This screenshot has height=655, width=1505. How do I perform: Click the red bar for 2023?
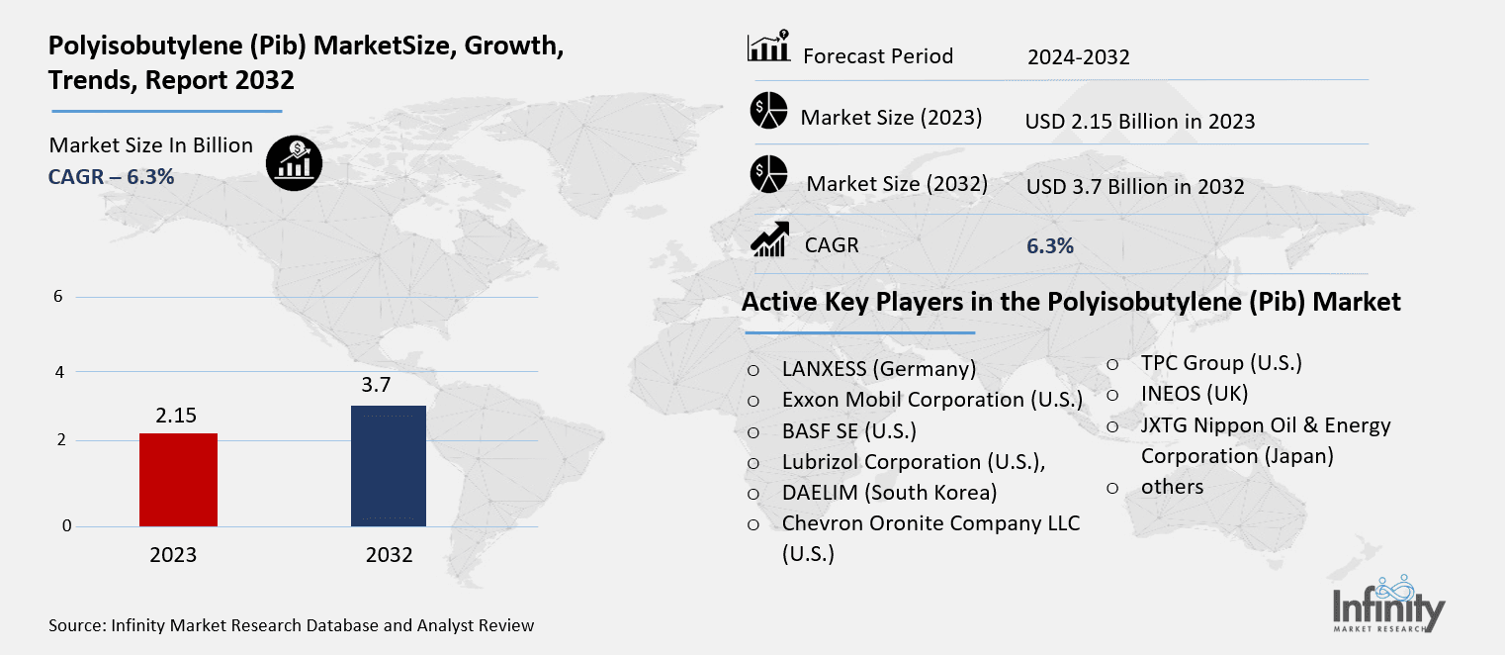[178, 480]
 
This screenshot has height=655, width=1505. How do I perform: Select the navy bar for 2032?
[389, 466]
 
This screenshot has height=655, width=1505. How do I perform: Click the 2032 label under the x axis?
[389, 555]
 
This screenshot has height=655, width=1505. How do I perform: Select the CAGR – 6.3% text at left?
[111, 177]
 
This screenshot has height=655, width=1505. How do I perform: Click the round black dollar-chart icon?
[293, 161]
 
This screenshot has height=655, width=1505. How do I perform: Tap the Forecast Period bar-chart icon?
[768, 47]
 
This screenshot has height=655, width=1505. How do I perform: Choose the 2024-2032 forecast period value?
[1078, 57]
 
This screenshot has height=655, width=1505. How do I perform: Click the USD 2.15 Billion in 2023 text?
[1140, 122]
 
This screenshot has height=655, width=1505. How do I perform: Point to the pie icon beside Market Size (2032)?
[768, 174]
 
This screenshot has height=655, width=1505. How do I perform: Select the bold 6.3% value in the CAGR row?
[1050, 246]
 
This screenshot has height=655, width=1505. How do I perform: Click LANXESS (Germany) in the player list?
[878, 369]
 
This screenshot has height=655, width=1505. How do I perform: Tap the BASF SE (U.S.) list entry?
[848, 430]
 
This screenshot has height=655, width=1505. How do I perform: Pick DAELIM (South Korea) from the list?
[889, 492]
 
